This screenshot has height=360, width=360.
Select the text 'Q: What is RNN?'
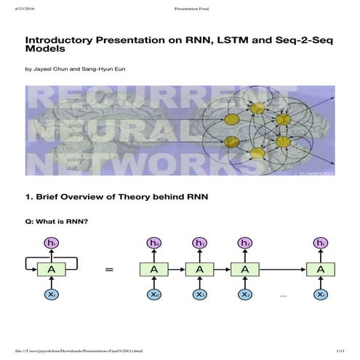click(x=57, y=222)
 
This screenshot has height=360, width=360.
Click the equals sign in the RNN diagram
click(x=110, y=270)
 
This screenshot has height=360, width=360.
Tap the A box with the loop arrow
click(x=51, y=269)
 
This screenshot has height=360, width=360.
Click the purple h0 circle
click(x=153, y=243)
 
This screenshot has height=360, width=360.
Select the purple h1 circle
click(x=199, y=243)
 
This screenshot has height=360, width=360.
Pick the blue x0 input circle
click(x=153, y=295)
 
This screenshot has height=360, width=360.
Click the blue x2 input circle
click(x=245, y=295)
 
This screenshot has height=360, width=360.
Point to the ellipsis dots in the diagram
click(x=284, y=295)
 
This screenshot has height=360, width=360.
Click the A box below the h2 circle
click(x=245, y=269)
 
